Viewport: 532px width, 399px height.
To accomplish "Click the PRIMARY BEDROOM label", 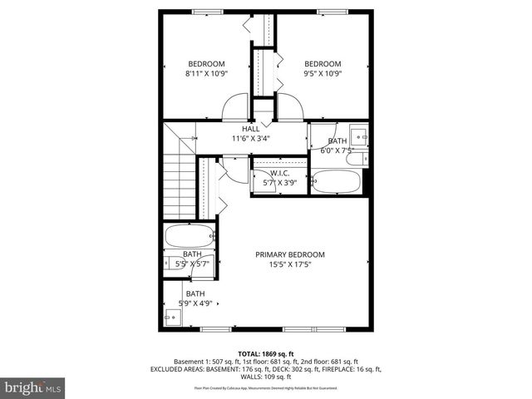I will click(289, 254).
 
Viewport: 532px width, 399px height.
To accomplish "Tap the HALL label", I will click(250, 129).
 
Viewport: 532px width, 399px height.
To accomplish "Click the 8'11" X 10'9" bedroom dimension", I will click(206, 74).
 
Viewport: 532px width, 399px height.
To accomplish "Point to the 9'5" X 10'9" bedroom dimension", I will click(322, 74).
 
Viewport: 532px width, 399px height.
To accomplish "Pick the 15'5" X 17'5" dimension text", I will click(289, 265).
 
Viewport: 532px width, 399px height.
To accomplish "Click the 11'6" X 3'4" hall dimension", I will click(250, 139).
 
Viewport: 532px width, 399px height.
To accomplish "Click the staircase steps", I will click(178, 187).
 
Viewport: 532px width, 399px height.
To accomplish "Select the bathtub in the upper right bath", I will click(336, 181).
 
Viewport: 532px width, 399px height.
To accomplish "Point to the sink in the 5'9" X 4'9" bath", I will click(172, 316).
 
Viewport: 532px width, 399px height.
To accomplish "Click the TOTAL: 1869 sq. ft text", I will click(266, 354).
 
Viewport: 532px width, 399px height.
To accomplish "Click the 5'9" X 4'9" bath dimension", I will click(195, 304).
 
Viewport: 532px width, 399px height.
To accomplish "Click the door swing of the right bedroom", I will click(288, 108).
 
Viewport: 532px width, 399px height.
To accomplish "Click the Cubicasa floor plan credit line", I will click(266, 388).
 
